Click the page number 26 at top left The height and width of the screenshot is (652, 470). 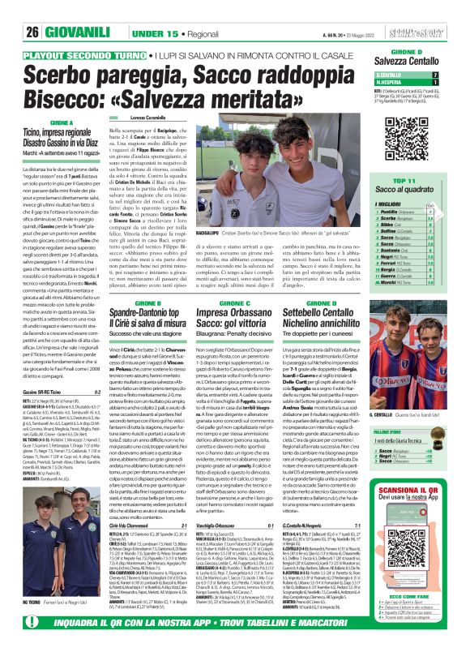tap(32, 33)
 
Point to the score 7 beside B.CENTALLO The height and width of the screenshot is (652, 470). tap(456, 75)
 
